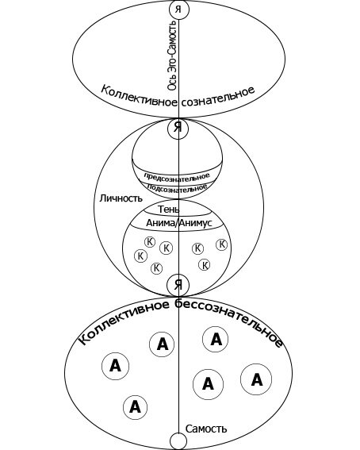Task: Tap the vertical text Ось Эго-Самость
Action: click(x=172, y=55)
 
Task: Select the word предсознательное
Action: click(x=177, y=177)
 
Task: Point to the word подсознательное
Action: click(x=177, y=187)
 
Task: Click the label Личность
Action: click(x=121, y=198)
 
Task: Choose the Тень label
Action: click(x=169, y=210)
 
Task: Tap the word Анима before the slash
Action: click(x=160, y=223)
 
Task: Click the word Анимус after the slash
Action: click(x=196, y=223)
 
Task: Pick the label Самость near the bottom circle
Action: click(x=206, y=429)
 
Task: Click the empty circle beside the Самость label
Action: click(x=178, y=441)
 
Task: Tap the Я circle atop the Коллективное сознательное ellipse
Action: click(x=179, y=10)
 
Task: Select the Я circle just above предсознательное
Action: click(x=178, y=129)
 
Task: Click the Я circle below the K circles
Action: click(x=178, y=285)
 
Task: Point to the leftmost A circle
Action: click(x=115, y=366)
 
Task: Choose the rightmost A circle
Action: click(x=256, y=379)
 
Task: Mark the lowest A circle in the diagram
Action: click(x=136, y=407)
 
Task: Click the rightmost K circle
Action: click(x=221, y=244)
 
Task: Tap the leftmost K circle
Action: click(x=140, y=256)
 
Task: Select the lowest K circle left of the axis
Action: click(x=156, y=268)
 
